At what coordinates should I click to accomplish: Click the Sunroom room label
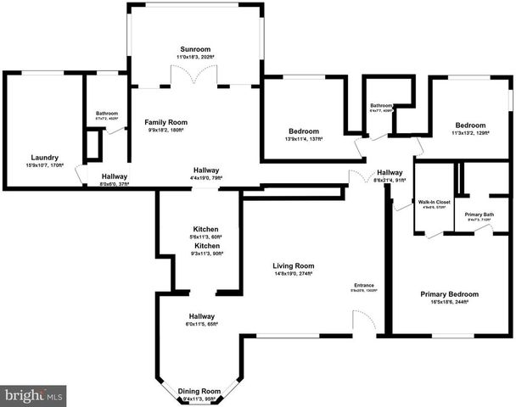click(x=194, y=48)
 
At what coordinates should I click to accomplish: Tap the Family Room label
click(x=165, y=122)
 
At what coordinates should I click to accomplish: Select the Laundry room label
click(x=44, y=158)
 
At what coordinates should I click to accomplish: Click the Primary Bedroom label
click(x=450, y=294)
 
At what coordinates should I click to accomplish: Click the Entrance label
click(x=365, y=285)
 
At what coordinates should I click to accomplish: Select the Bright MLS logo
click(x=34, y=395)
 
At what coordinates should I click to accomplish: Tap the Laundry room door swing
click(x=82, y=174)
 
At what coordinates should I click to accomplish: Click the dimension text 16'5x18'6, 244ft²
click(x=450, y=303)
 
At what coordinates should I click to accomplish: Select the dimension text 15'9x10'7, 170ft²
click(x=44, y=166)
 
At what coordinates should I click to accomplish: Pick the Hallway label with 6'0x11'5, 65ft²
click(x=202, y=315)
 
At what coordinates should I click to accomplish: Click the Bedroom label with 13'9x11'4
click(x=303, y=131)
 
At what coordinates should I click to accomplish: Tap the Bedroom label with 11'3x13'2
click(x=469, y=125)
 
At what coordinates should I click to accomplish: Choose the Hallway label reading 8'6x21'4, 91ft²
click(x=390, y=172)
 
